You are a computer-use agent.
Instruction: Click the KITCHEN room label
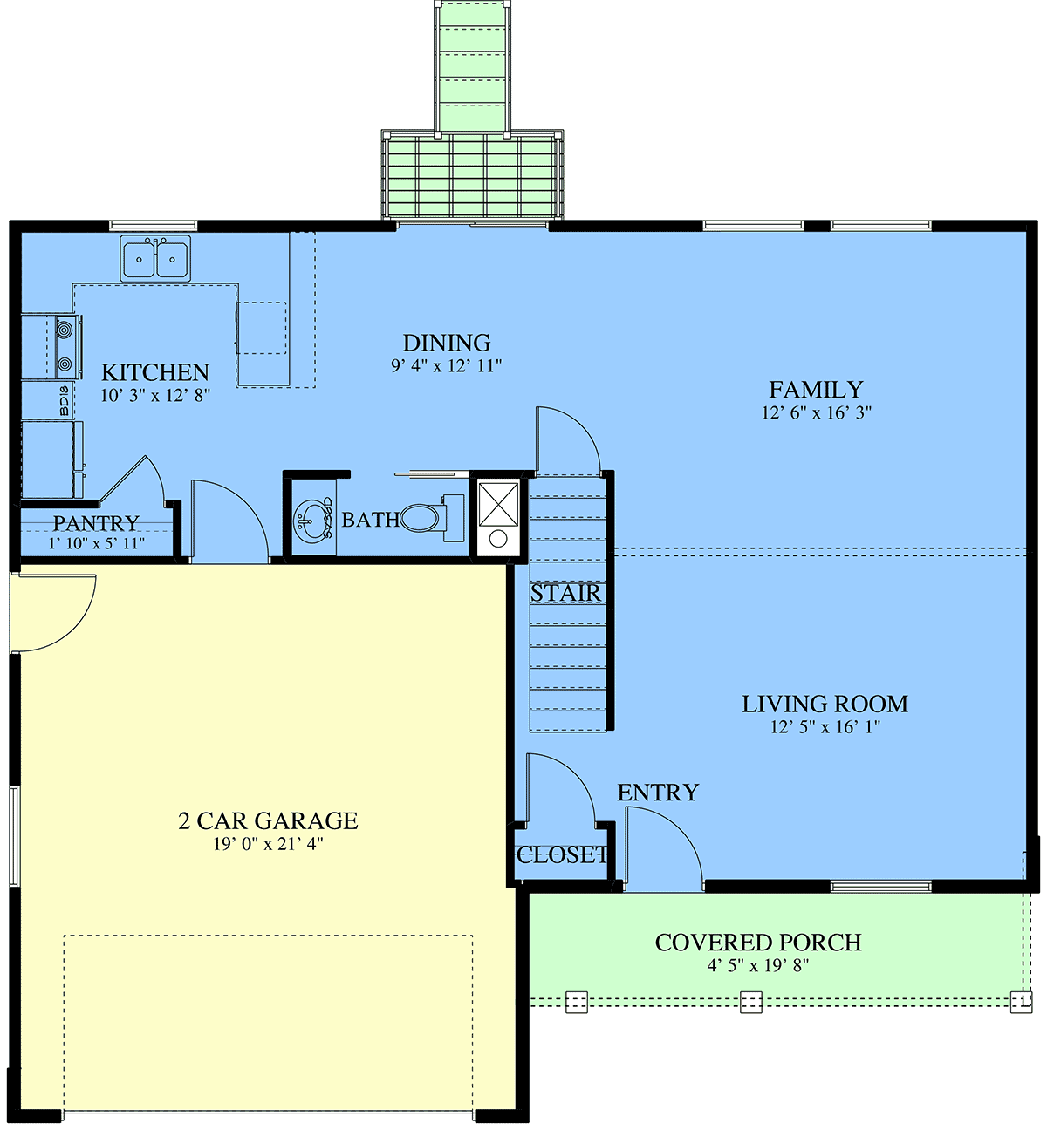155,372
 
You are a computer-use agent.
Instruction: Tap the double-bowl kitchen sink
155,259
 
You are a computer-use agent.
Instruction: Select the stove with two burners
68,346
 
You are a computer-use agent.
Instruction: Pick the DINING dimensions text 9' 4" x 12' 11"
446,366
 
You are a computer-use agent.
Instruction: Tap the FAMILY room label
816,390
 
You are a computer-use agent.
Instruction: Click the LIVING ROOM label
825,705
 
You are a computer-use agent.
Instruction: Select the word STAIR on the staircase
565,594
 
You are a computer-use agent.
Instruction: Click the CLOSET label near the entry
562,855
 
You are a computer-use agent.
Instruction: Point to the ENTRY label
658,793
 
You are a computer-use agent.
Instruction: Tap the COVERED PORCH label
757,943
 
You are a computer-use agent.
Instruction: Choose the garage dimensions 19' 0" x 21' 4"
269,844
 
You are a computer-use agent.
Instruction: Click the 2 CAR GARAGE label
269,821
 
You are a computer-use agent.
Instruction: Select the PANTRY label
96,523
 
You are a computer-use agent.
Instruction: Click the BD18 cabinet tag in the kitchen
64,401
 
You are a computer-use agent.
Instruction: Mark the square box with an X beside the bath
498,504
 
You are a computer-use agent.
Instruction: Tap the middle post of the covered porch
750,1003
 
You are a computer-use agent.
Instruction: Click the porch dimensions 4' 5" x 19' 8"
757,966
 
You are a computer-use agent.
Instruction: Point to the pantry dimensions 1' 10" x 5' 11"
96,544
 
